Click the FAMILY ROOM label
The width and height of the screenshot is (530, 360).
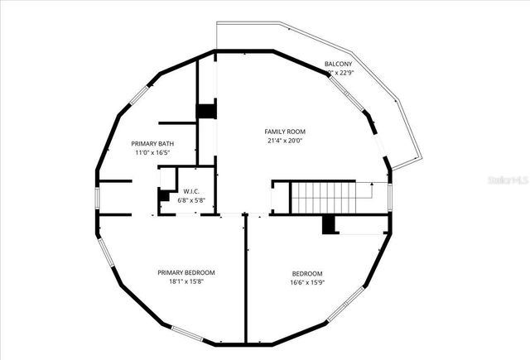pyautogui.click(x=285, y=132)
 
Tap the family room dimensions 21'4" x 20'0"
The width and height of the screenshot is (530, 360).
pyautogui.click(x=285, y=141)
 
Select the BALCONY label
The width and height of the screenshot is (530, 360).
pyautogui.click(x=338, y=64)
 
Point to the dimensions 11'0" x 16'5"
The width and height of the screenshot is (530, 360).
pyautogui.click(x=152, y=152)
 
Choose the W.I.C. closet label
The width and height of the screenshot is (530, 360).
pyautogui.click(x=191, y=191)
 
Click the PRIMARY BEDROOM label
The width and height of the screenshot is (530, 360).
pyautogui.click(x=186, y=272)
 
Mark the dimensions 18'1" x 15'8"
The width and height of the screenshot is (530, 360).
pyautogui.click(x=186, y=281)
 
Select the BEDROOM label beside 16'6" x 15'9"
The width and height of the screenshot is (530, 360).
pyautogui.click(x=307, y=273)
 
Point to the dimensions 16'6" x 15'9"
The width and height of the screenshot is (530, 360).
pyautogui.click(x=307, y=282)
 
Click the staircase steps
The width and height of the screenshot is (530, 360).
pyautogui.click(x=325, y=197)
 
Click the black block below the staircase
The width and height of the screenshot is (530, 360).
pyautogui.click(x=330, y=224)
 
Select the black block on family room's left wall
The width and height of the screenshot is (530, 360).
pyautogui.click(x=205, y=111)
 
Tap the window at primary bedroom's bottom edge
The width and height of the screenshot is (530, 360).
pyautogui.click(x=186, y=334)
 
